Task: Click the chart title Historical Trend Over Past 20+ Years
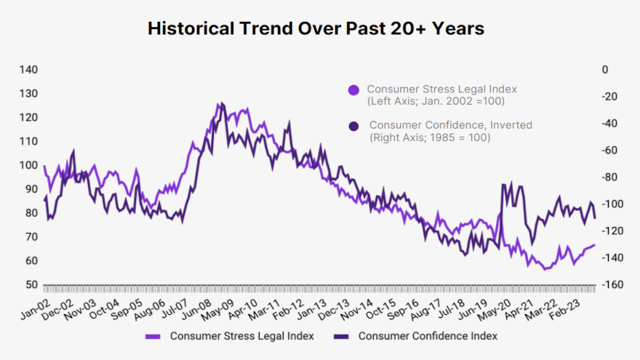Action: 316,28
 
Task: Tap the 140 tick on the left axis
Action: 28,70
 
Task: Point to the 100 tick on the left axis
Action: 28,165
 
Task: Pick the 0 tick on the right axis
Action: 604,70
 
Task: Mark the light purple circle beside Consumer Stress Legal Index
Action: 353,90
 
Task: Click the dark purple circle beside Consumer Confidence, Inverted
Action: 353,126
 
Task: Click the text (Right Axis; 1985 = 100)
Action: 429,137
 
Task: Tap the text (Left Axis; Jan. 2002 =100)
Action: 429,101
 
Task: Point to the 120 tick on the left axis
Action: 28,118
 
